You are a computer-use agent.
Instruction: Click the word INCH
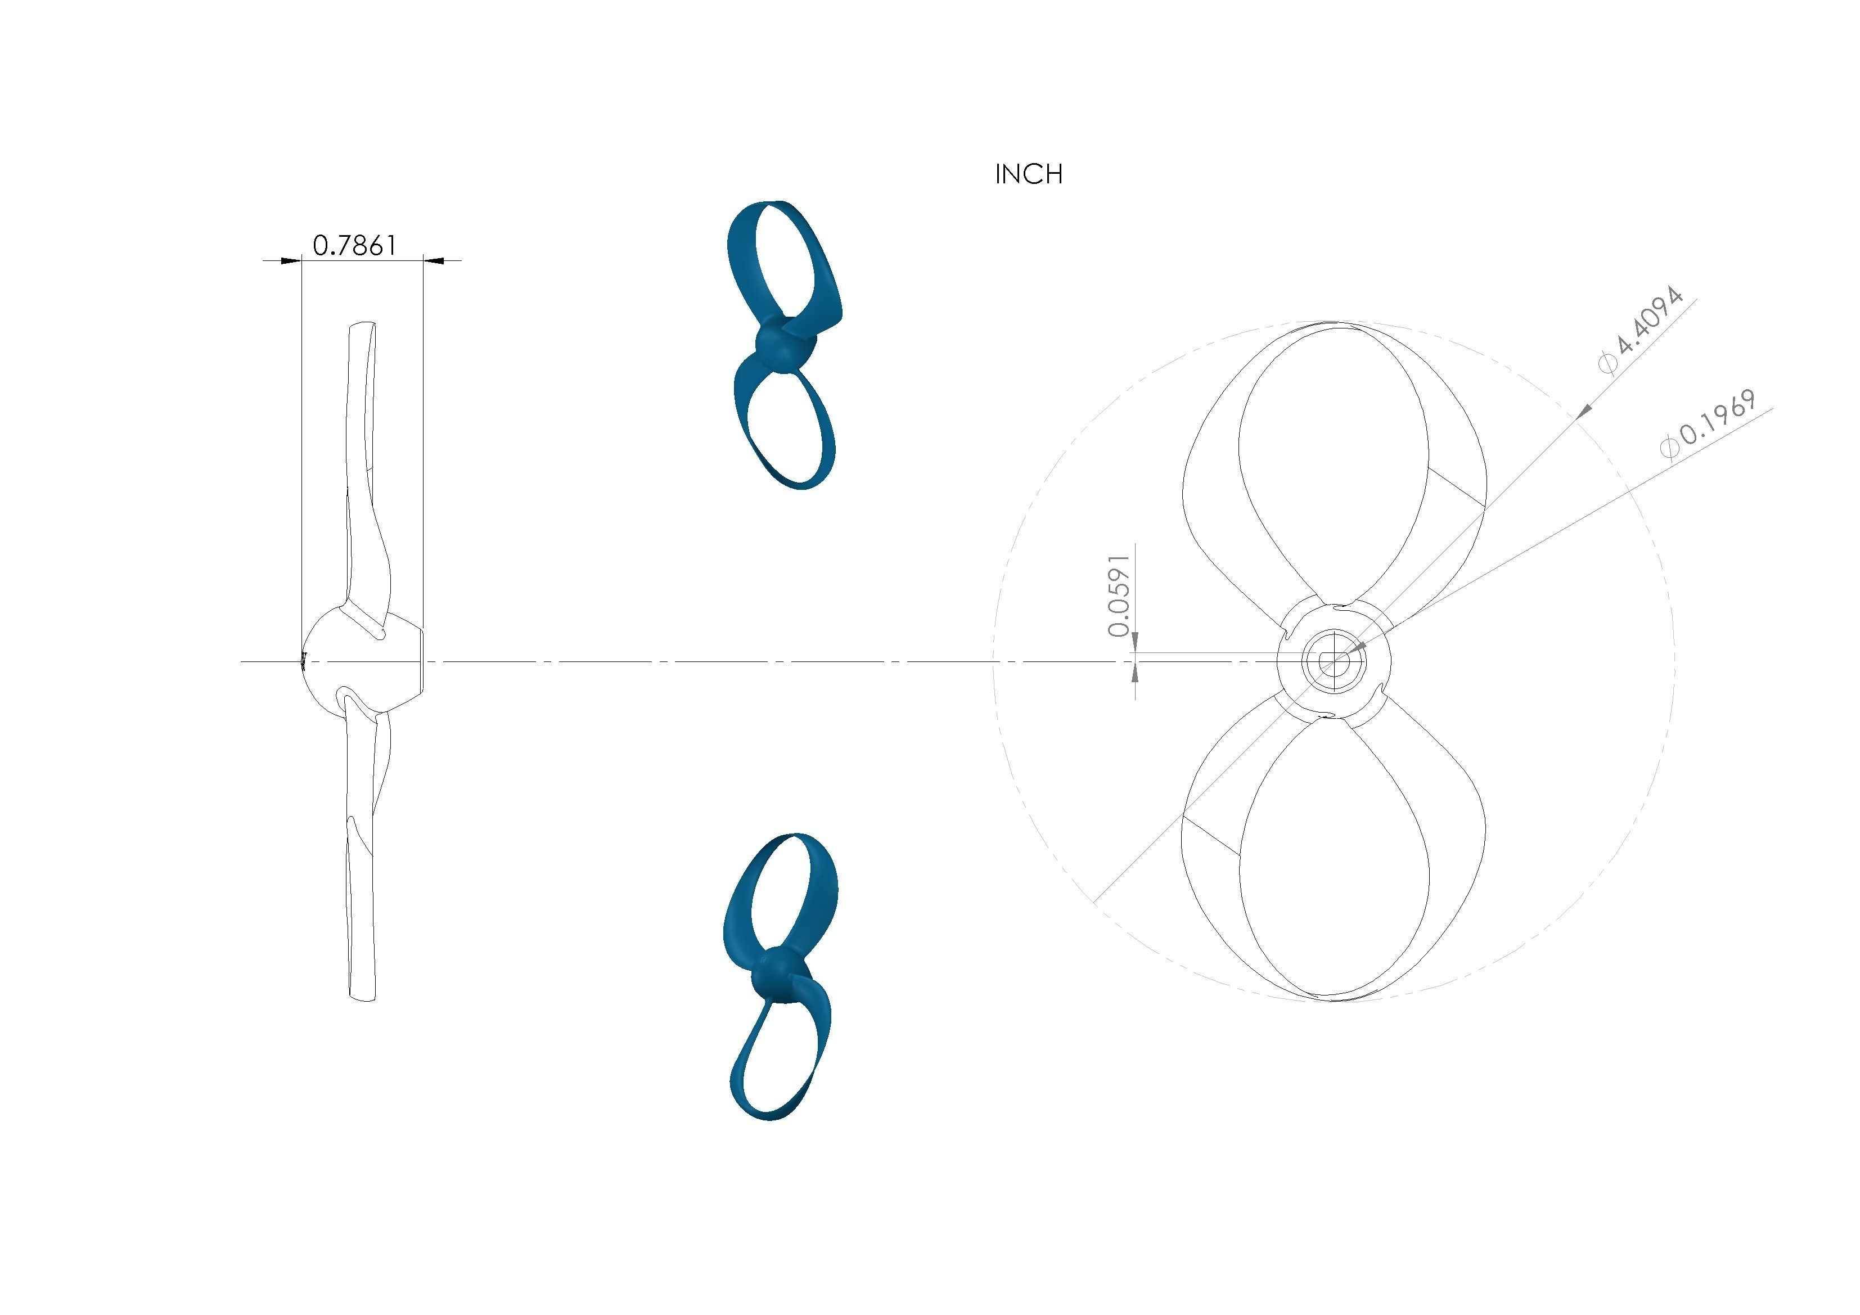pyautogui.click(x=1028, y=174)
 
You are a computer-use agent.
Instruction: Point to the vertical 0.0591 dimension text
pyautogui.click(x=1119, y=596)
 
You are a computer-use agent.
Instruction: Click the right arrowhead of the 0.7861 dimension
pyautogui.click(x=434, y=260)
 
